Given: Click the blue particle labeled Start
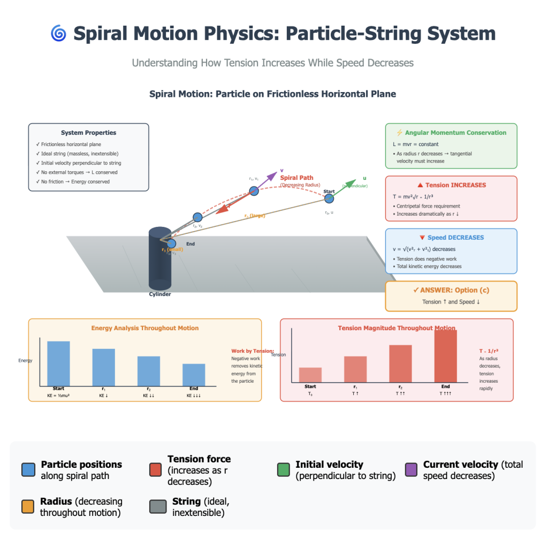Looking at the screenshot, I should pyautogui.click(x=329, y=199).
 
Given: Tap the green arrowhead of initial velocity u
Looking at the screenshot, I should pyautogui.click(x=351, y=184).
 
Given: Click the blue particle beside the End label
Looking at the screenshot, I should pyautogui.click(x=171, y=244).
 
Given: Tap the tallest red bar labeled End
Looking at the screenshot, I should pyautogui.click(x=445, y=356).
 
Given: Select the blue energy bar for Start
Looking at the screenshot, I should pyautogui.click(x=58, y=363).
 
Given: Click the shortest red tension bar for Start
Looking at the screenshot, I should pyautogui.click(x=310, y=375).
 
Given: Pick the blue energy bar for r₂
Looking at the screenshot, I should pyautogui.click(x=149, y=370).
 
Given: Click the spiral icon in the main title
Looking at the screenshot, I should pyautogui.click(x=58, y=34).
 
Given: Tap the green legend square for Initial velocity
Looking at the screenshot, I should pyautogui.click(x=284, y=469).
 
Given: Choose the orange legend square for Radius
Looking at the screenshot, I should pyautogui.click(x=28, y=506).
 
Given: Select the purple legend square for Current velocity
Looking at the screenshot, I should pyautogui.click(x=412, y=469).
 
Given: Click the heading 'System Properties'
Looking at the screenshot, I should pyautogui.click(x=88, y=133).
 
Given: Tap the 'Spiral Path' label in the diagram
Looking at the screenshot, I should pyautogui.click(x=296, y=178).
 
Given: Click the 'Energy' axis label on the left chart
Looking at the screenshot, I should pyautogui.click(x=26, y=360).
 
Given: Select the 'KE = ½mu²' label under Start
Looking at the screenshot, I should pyautogui.click(x=59, y=396).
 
